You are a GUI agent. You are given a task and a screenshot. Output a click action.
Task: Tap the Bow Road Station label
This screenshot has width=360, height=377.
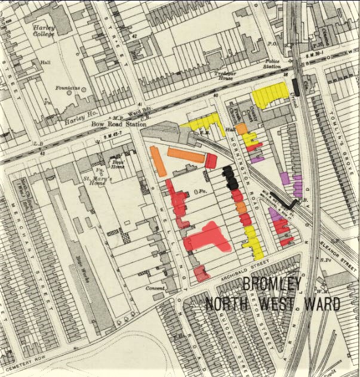(119, 125)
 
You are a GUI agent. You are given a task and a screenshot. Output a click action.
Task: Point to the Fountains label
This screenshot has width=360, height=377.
(67, 88)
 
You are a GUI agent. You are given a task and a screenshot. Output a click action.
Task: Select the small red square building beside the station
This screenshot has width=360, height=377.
(211, 160)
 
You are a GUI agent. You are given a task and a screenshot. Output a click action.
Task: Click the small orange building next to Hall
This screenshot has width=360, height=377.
(241, 128)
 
